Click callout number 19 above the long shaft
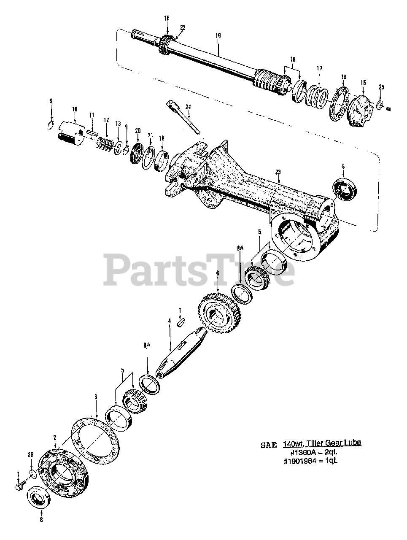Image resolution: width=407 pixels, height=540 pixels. (218, 36)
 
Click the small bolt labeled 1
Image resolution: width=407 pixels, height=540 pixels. (19, 487)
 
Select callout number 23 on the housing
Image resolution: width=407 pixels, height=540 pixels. (278, 172)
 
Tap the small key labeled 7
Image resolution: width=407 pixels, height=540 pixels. (180, 323)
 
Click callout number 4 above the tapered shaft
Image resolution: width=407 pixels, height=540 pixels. (170, 321)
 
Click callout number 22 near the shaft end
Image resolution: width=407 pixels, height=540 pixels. (183, 27)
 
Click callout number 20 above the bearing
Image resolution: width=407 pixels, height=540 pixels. (138, 130)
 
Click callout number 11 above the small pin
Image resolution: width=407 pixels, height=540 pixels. (91, 116)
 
